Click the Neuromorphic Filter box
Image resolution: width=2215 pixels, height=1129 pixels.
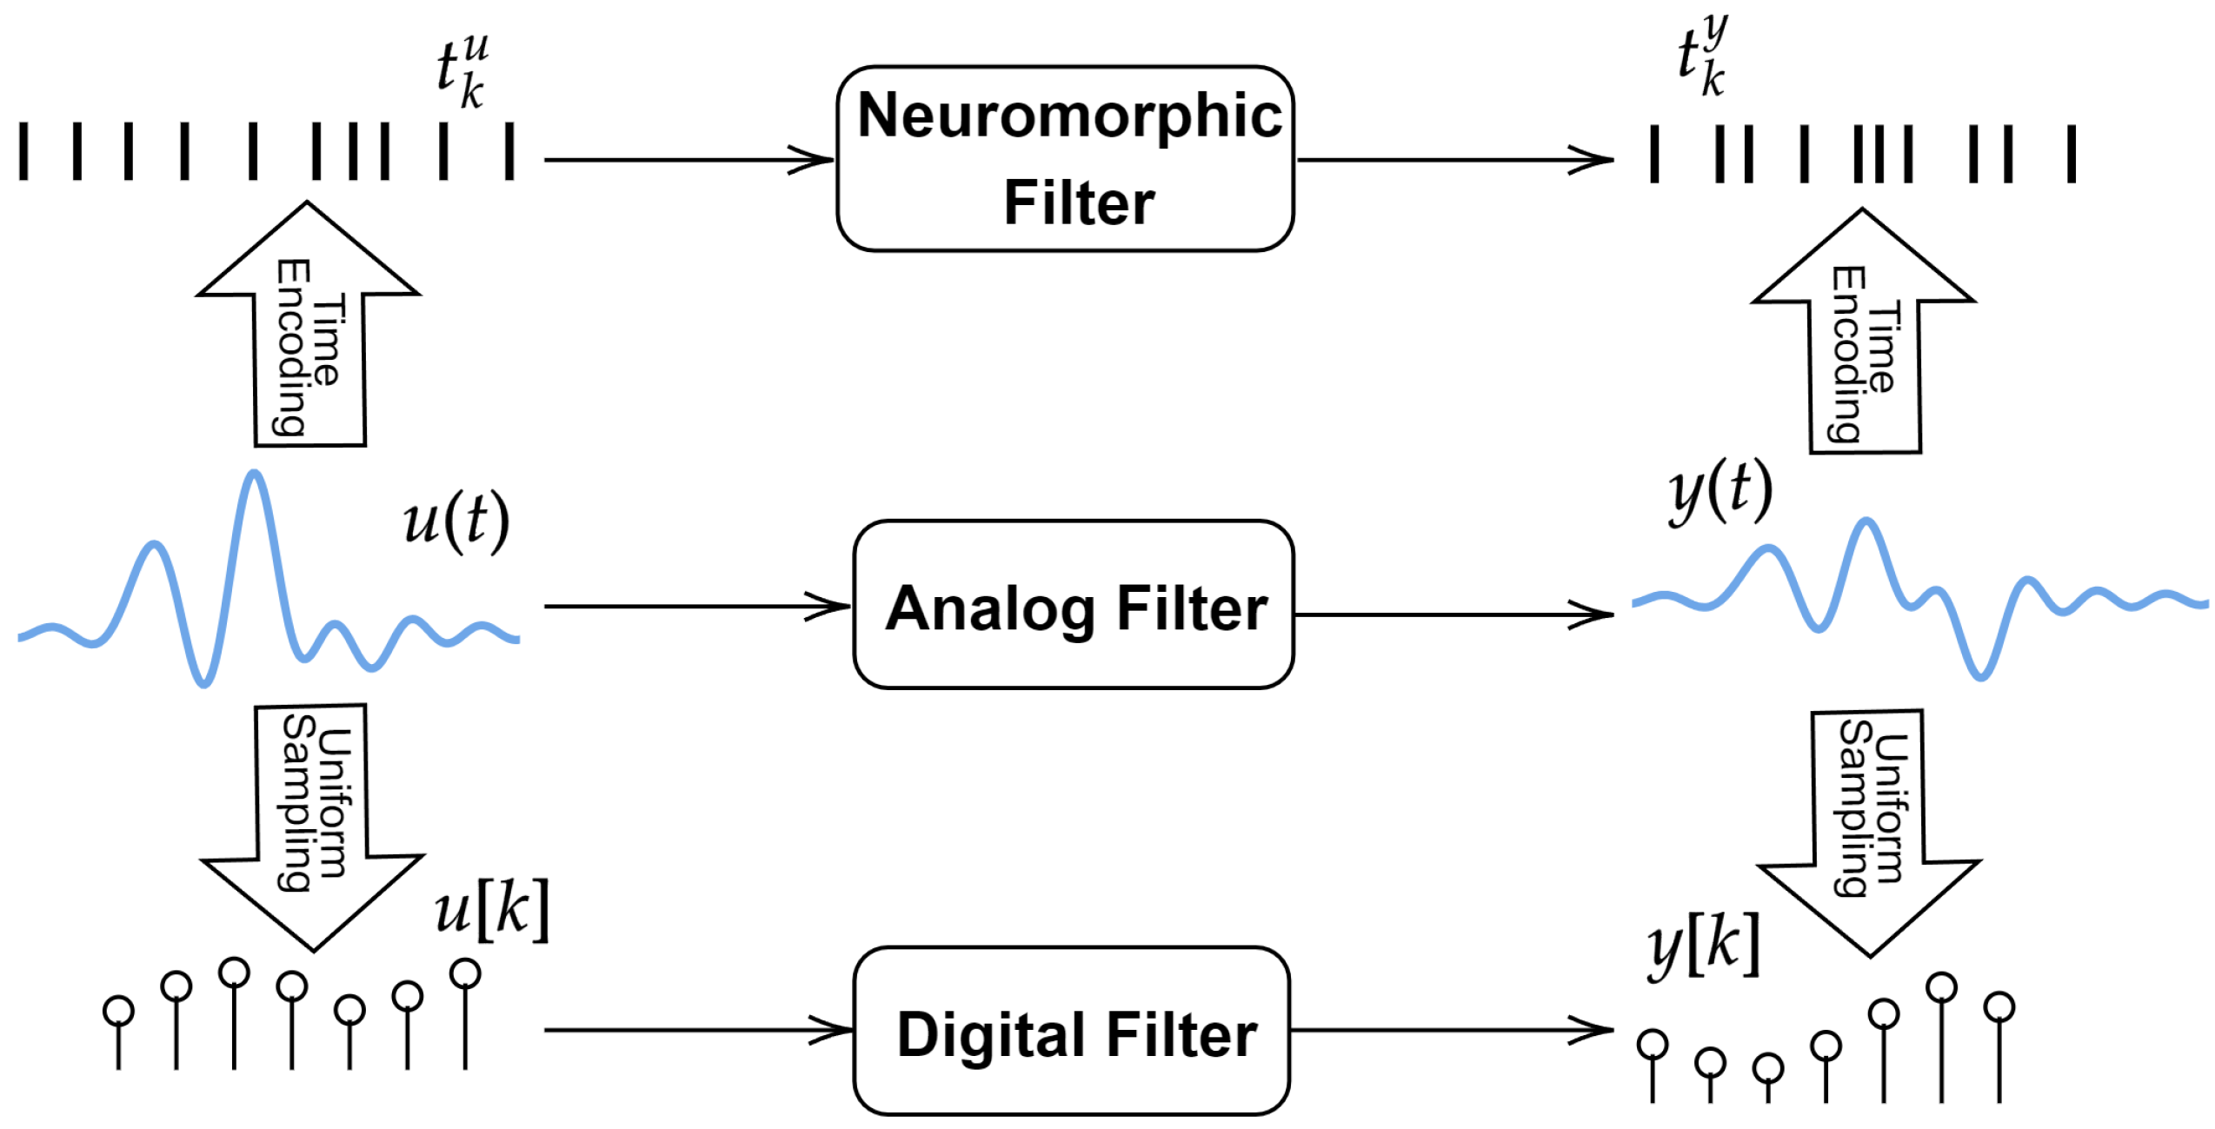point(1065,159)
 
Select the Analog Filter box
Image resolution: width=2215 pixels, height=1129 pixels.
point(1074,606)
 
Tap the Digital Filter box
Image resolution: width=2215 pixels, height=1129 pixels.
point(1072,1033)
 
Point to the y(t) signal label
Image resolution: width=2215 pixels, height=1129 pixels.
point(1720,493)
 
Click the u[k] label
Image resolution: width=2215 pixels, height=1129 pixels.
point(492,910)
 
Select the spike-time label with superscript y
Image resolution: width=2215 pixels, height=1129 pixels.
point(1702,56)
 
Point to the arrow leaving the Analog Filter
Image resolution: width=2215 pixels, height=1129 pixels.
point(1453,614)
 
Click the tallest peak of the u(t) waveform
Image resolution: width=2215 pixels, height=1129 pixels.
point(254,475)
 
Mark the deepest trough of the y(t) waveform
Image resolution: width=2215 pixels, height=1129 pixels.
point(1980,675)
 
